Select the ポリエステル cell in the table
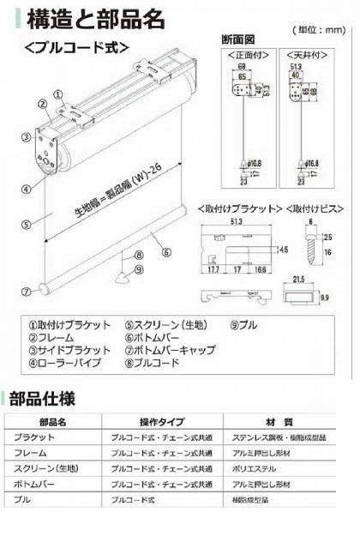click(256, 468)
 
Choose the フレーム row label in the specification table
click(29, 452)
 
